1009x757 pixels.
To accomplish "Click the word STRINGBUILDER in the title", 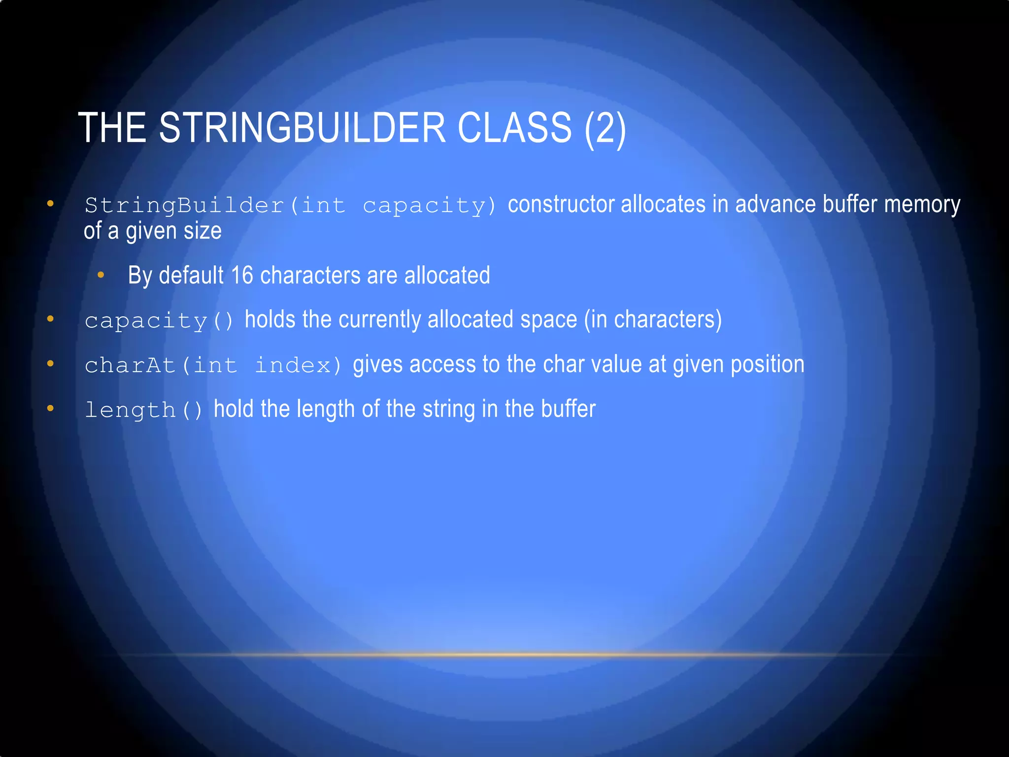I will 303,128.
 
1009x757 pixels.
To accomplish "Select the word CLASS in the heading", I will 514,128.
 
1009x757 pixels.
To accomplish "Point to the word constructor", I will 561,205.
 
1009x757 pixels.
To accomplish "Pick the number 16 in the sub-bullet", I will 242,275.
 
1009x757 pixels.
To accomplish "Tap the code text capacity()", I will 159,321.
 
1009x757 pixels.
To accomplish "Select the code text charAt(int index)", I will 213,365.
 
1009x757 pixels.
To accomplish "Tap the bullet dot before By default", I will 101,275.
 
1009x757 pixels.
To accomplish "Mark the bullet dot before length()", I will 50,409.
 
